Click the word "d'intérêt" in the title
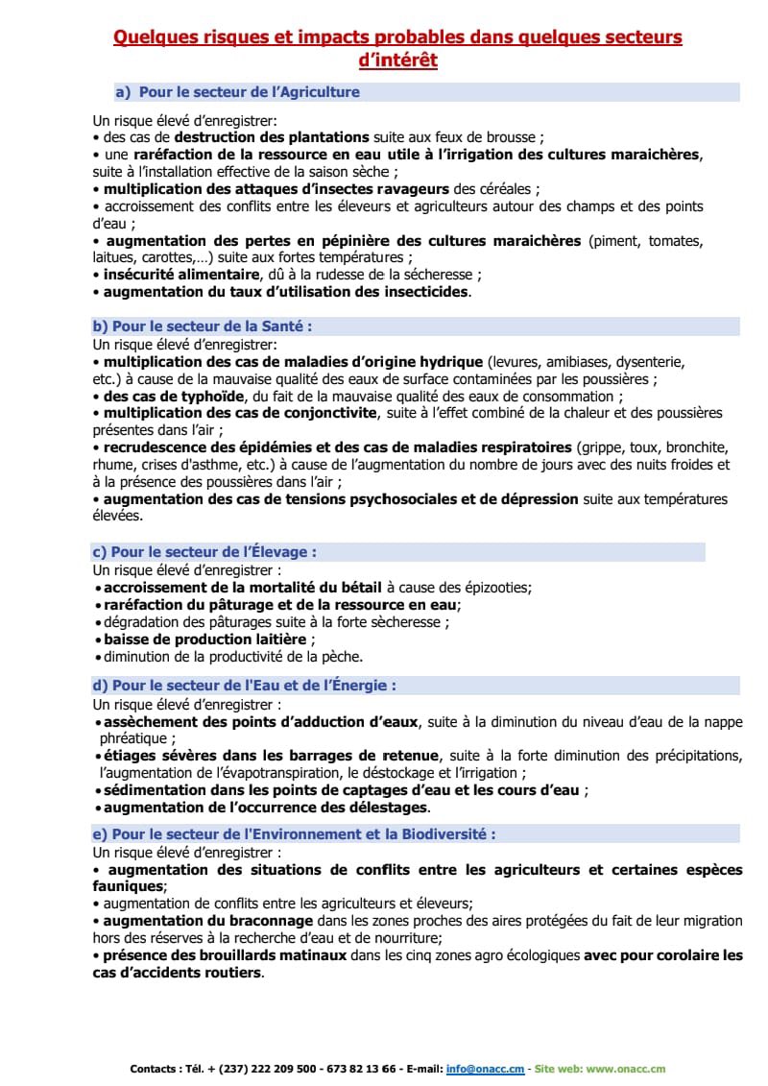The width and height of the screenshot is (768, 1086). (397, 60)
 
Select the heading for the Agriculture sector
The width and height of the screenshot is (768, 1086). (249, 92)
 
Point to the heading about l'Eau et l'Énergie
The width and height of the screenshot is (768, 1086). (244, 686)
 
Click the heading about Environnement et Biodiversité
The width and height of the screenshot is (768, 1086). (294, 834)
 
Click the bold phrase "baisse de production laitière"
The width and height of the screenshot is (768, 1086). (205, 639)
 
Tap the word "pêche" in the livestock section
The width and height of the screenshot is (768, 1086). (343, 657)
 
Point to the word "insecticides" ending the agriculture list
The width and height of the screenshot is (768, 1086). (421, 291)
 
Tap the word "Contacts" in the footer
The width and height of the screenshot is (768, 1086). (155, 1069)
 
